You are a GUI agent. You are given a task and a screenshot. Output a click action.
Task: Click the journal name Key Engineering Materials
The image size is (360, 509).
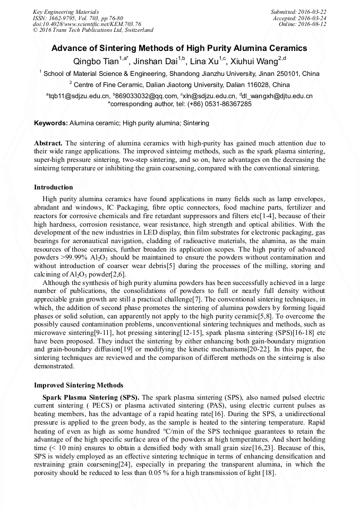[x=66, y=12]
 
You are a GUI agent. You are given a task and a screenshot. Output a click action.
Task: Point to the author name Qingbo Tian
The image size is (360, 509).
[x=99, y=62]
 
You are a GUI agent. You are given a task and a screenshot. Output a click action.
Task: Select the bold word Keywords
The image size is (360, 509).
[x=51, y=123]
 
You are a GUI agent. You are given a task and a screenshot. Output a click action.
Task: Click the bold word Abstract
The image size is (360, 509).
[x=48, y=144]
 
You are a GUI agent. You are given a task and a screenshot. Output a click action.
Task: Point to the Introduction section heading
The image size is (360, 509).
[x=53, y=187]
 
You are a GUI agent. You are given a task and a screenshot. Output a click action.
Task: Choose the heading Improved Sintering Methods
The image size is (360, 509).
[x=79, y=385]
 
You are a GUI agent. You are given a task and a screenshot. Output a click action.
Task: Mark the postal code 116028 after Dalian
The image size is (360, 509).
[x=277, y=84]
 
